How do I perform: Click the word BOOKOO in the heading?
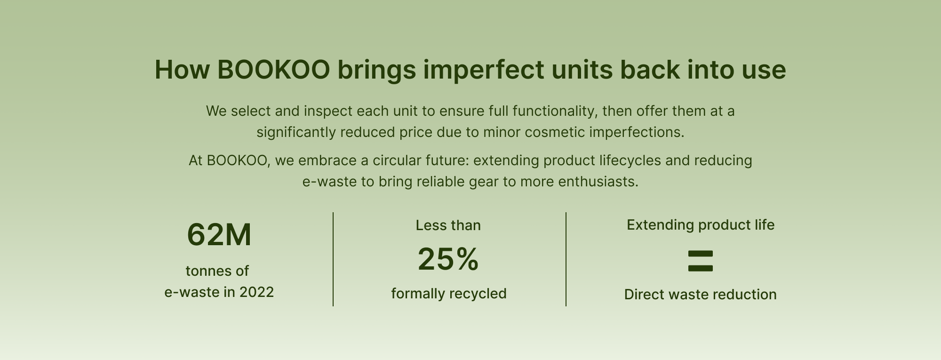pos(273,70)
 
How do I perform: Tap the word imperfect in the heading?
pos(483,70)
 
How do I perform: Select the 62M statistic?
pos(219,234)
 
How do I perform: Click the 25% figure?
pos(448,259)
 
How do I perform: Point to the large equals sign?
pos(701,261)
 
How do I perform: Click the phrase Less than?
pos(448,225)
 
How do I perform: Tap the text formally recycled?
pos(449,294)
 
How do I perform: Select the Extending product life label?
pos(701,225)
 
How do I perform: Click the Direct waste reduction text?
pos(701,295)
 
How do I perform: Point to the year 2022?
pos(256,292)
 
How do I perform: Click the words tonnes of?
pos(217,271)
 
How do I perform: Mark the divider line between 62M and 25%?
pos(333,259)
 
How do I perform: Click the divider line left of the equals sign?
pos(566,259)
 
